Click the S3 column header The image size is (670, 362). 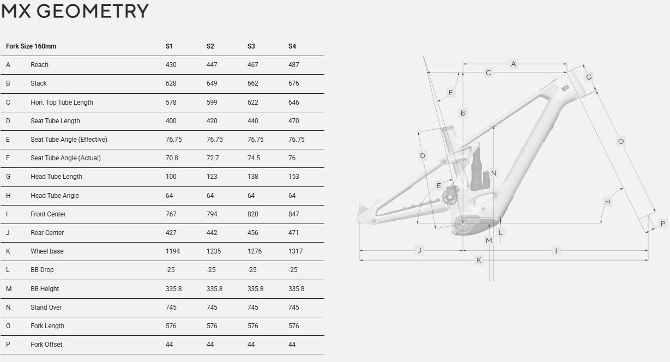[251, 46]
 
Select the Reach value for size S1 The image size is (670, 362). [171, 65]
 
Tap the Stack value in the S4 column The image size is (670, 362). [293, 83]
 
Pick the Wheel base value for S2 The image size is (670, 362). [214, 251]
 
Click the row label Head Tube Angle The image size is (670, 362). [55, 195]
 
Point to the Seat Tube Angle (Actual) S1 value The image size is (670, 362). [172, 158]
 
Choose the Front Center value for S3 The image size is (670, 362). [252, 214]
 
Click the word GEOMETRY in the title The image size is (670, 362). [93, 11]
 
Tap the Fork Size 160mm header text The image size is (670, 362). [31, 46]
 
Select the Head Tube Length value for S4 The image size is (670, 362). [293, 177]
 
